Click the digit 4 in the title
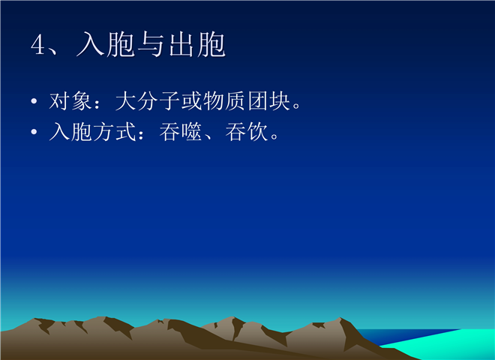tap(38, 44)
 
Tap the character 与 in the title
tap(151, 44)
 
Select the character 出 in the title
tap(181, 44)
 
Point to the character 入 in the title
tap(90, 44)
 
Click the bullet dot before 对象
tap(34, 101)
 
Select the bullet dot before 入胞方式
tap(34, 131)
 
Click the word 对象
tap(70, 101)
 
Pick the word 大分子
tap(148, 101)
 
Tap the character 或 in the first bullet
tap(192, 101)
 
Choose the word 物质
tap(224, 101)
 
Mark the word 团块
tap(269, 101)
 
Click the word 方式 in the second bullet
tap(115, 131)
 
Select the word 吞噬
tap(181, 131)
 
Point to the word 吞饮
tap(247, 131)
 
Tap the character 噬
tap(191, 131)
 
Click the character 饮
tap(258, 131)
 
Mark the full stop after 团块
tap(297, 106)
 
